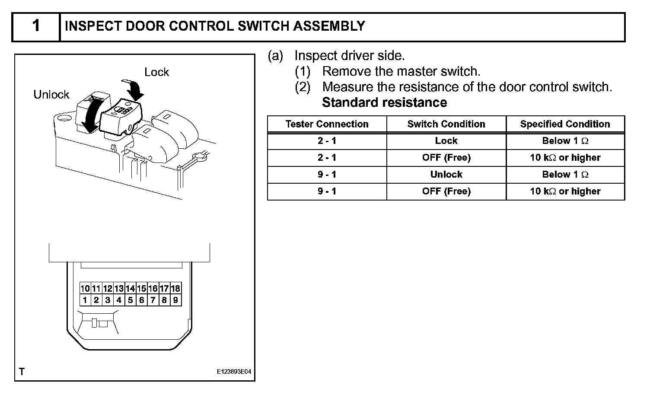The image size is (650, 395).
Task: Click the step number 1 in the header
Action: pos(36,26)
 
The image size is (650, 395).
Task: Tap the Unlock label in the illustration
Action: pos(51,95)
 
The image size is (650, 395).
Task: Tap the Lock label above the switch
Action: pos(156,72)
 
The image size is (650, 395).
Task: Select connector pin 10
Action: pos(85,288)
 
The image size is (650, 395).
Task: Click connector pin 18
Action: pos(175,288)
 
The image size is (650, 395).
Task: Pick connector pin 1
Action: pos(85,300)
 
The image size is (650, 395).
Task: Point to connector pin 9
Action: pos(175,300)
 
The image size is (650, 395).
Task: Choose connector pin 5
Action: pos(130,300)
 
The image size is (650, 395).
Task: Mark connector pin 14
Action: pos(130,288)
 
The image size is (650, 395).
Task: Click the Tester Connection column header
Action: pos(327,124)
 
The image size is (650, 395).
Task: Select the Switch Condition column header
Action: pos(446,124)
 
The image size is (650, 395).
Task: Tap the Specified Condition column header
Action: pos(565,124)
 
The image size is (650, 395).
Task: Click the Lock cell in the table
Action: pos(446,141)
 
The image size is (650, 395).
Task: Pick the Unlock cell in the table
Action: pos(446,175)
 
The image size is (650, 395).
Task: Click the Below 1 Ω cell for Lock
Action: pos(565,141)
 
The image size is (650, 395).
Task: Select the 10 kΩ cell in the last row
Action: pos(565,191)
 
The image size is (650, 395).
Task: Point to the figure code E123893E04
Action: pos(234,372)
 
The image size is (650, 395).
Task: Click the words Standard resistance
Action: pos(384,102)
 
